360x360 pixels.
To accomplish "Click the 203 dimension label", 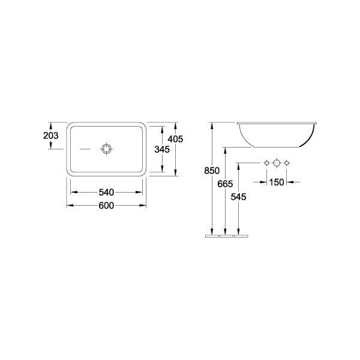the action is tap(51, 136).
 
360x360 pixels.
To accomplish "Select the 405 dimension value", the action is tap(175, 139).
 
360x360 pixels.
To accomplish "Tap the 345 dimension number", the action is tap(162, 149).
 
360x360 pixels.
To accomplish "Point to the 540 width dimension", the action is tap(106, 193).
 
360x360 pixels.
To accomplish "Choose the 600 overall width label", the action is tap(106, 205).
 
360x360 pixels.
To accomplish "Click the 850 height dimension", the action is tap(212, 170).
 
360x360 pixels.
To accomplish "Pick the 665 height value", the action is tap(225, 184).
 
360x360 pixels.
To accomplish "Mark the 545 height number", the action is tap(239, 197).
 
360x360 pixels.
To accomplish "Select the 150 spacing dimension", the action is tap(277, 182).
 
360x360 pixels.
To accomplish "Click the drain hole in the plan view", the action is tap(107, 149).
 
